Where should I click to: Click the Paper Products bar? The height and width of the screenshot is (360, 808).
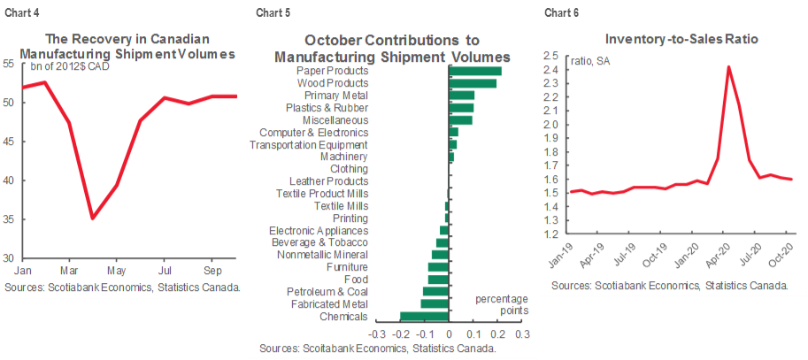pyautogui.click(x=476, y=71)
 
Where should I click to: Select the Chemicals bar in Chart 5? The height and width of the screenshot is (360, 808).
pyautogui.click(x=426, y=316)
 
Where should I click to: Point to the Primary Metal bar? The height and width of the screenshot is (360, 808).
pyautogui.click(x=462, y=95)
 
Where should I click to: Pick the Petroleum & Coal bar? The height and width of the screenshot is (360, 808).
pyautogui.click(x=436, y=291)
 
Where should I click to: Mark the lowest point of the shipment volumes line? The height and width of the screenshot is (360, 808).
pyautogui.click(x=92, y=218)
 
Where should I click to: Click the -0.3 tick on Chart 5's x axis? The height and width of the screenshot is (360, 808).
pyautogui.click(x=376, y=334)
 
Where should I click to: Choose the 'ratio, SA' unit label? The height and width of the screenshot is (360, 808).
pyautogui.click(x=593, y=60)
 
